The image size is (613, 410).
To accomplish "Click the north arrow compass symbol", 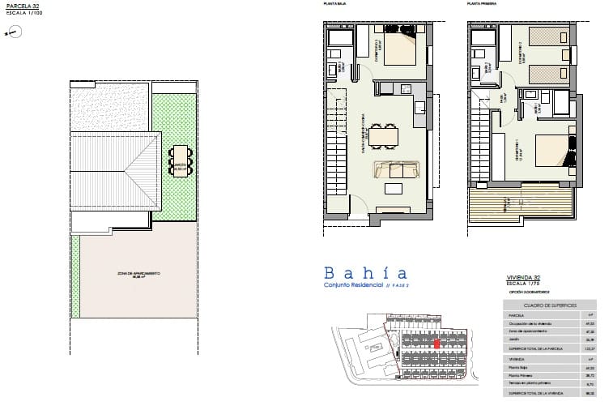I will [x=12, y=32].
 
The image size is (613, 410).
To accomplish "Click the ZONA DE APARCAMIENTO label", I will [x=135, y=274].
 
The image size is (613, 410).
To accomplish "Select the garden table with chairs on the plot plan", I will [x=179, y=161].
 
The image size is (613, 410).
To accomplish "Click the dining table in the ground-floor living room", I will [x=381, y=135].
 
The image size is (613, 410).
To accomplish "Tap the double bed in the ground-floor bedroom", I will [x=398, y=49].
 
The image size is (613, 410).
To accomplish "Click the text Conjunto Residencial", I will [x=354, y=287].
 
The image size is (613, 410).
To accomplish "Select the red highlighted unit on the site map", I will [x=437, y=344].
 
